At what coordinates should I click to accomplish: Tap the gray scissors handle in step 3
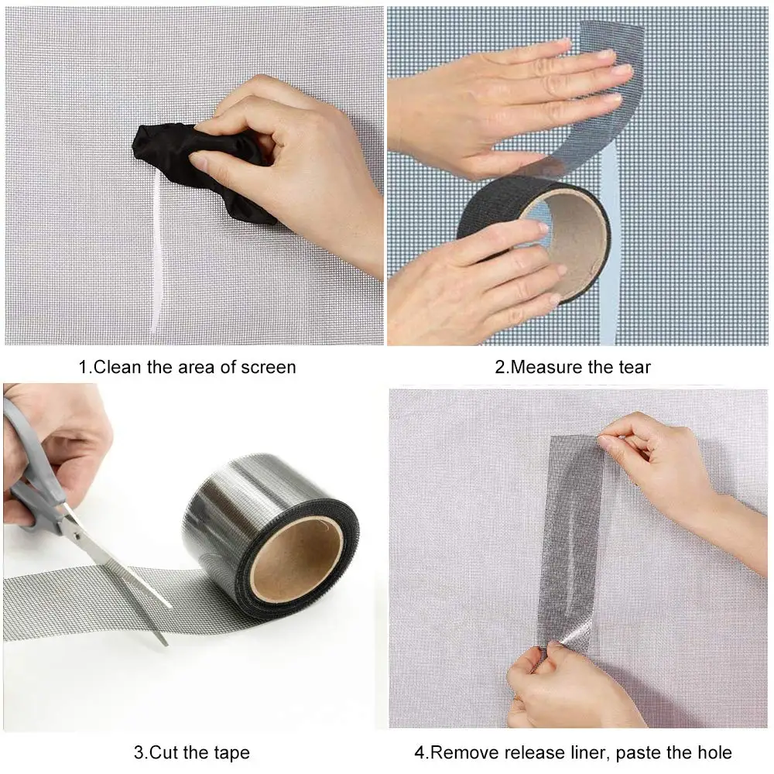point(31,464)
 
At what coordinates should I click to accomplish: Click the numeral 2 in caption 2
point(500,366)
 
